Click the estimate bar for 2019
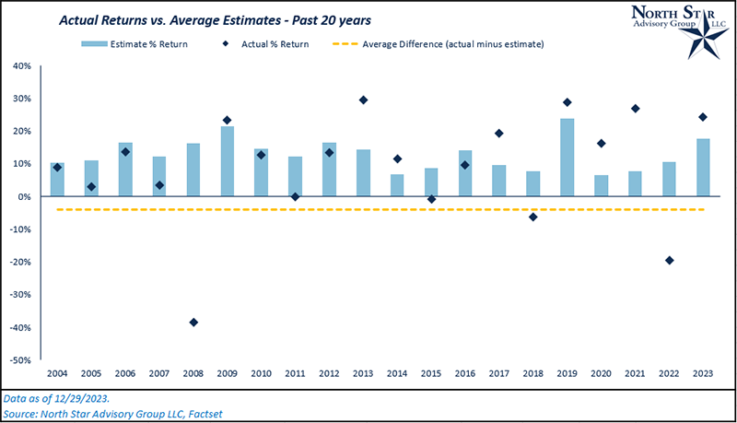tap(567, 157)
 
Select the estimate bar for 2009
tap(227, 161)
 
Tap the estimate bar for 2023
tap(703, 167)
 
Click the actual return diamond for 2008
tap(193, 323)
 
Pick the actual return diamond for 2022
tap(669, 261)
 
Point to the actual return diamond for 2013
tap(363, 100)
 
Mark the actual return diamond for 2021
tap(635, 109)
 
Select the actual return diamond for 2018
tap(532, 217)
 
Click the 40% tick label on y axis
tap(21, 66)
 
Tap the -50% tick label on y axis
tap(20, 360)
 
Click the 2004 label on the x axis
tap(57, 373)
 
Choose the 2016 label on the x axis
tap(464, 373)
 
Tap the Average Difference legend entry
tap(447, 43)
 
